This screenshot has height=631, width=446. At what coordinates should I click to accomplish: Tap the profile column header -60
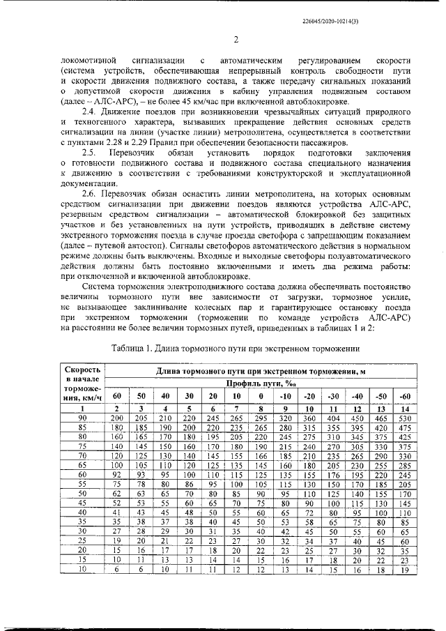point(405,396)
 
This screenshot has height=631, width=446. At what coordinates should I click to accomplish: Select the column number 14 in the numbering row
point(405,407)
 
